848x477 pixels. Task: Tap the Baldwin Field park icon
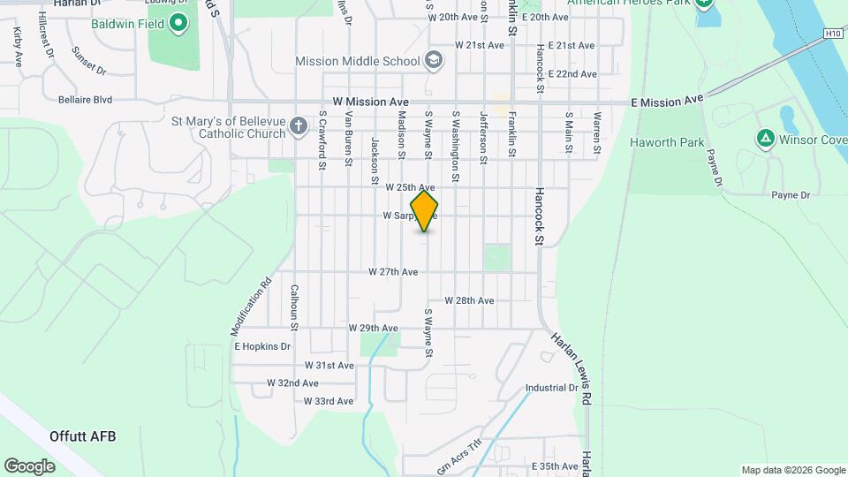tap(179, 22)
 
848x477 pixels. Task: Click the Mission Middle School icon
tap(433, 61)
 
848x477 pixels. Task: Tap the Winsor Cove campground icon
tap(765, 139)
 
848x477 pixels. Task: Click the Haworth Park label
tap(667, 142)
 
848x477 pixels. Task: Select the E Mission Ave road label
tap(667, 102)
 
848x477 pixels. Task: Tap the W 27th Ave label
tap(393, 272)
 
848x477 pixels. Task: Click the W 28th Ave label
tap(469, 300)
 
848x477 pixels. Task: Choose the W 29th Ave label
tap(374, 328)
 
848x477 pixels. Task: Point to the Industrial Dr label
tap(551, 388)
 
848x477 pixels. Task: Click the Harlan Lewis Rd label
tap(571, 367)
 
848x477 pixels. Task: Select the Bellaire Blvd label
tap(85, 101)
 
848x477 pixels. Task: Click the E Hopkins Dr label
tap(262, 347)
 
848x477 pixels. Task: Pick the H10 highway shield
tap(832, 34)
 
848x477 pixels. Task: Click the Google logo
tap(30, 466)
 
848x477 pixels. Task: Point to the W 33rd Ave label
tap(329, 401)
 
